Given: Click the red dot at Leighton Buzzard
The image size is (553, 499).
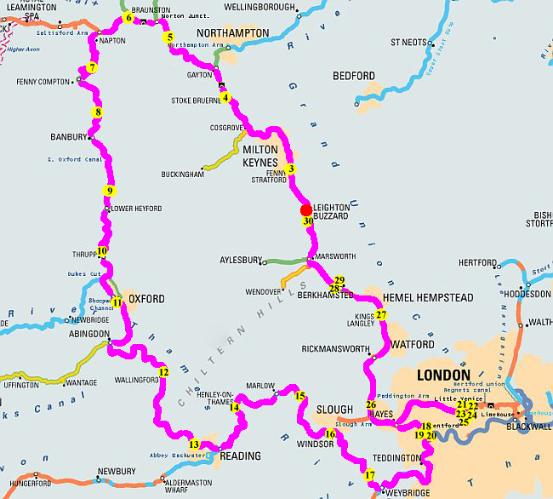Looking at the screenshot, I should (x=306, y=209).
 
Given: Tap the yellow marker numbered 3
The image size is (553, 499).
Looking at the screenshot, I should (x=291, y=169).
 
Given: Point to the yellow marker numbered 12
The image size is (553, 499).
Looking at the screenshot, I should (x=164, y=371).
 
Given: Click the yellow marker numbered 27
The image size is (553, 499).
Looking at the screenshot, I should (x=381, y=315).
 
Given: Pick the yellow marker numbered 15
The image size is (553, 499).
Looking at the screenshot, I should (x=299, y=396).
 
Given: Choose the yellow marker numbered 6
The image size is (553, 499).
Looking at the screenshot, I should (x=128, y=17).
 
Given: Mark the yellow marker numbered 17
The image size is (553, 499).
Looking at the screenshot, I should (x=369, y=475).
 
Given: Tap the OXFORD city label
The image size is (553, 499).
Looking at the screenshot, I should (x=146, y=299).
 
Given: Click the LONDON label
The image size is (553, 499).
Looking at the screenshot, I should (x=442, y=375).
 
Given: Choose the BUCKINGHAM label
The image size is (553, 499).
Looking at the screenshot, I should (x=184, y=174).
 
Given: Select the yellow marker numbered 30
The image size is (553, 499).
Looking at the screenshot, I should (x=307, y=221).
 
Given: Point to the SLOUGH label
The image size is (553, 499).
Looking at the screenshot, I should (x=334, y=410).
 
